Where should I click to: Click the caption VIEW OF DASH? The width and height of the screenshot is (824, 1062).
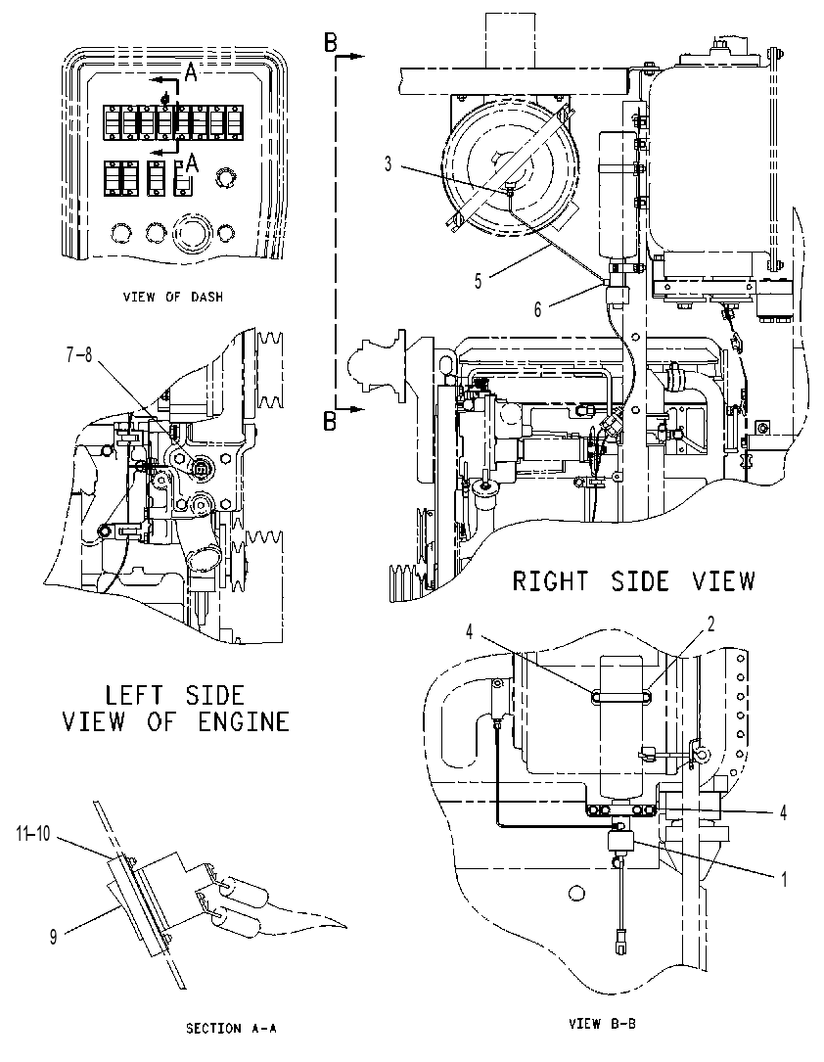coord(172,297)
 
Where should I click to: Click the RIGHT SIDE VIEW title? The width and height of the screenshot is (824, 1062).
coord(633,581)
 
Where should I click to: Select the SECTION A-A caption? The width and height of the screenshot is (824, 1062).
coord(232,1028)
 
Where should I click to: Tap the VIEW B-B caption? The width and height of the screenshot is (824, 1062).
coord(602,1024)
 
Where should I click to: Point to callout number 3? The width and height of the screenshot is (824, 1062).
coord(388,163)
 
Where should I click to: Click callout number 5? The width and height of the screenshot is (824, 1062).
coord(478,281)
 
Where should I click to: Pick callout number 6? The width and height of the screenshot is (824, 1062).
coord(537,309)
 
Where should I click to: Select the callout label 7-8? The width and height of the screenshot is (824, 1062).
coord(79,355)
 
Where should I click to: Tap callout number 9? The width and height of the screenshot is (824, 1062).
coord(54,937)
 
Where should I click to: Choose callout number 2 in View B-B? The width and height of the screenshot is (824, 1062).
coord(711,623)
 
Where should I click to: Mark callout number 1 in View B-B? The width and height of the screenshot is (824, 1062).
coord(785,880)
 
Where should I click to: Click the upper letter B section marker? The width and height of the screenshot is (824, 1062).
coord(331,43)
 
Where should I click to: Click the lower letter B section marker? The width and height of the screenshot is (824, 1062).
coord(331,421)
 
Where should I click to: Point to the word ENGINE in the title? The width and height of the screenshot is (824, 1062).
coord(244,721)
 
